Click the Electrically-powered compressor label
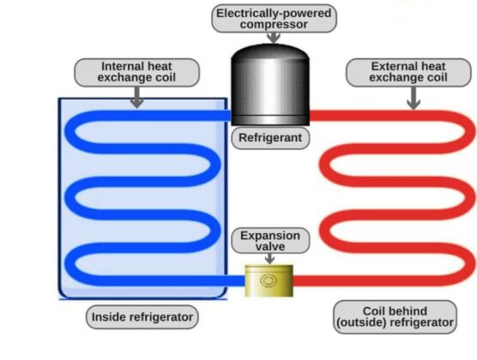pyautogui.click(x=275, y=17)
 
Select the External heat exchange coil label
pyautogui.click(x=408, y=72)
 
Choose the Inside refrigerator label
pyautogui.click(x=142, y=317)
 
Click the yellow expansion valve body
pyautogui.click(x=269, y=280)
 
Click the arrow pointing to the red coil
pyautogui.click(x=413, y=99)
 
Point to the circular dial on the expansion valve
pyautogui.click(x=269, y=279)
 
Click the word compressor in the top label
pyautogui.click(x=275, y=24)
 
